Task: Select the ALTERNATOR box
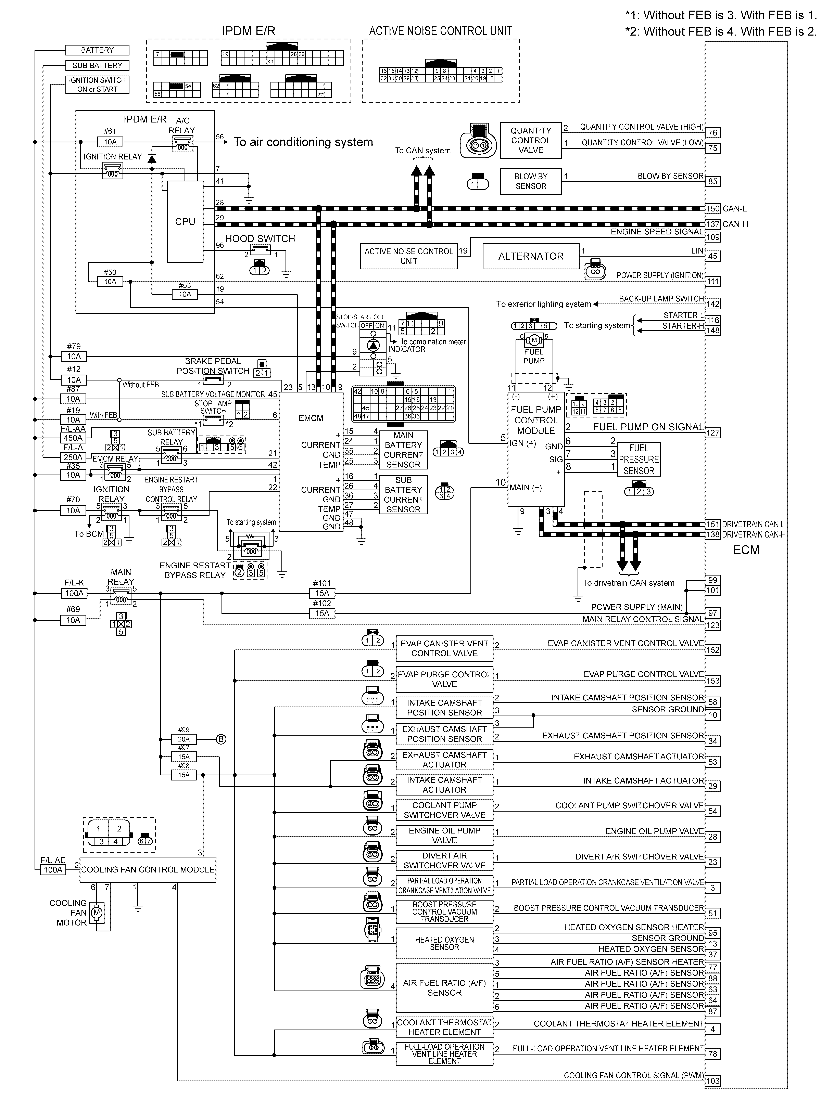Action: click(x=531, y=256)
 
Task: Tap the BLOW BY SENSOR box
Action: click(x=531, y=181)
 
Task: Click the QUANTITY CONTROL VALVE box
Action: click(x=531, y=141)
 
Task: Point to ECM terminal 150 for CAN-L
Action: click(x=713, y=209)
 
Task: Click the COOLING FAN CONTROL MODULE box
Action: click(x=148, y=870)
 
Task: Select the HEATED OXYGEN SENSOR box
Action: click(x=444, y=943)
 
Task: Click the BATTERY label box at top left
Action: click(x=97, y=50)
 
